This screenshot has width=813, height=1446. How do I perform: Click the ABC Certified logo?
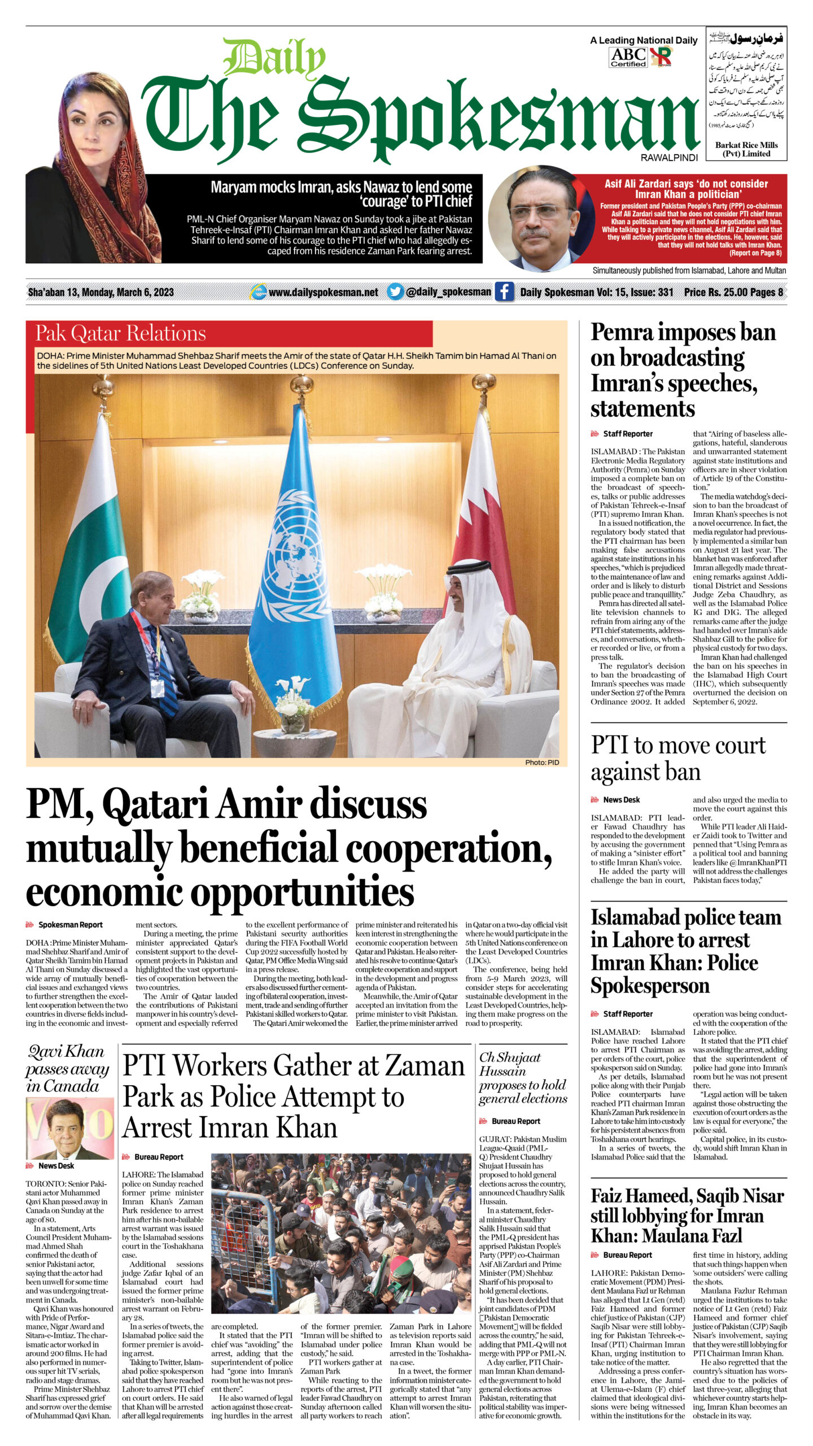pos(628,57)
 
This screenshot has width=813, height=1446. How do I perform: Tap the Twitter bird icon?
pos(395,291)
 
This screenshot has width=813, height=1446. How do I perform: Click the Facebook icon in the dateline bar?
pos(504,291)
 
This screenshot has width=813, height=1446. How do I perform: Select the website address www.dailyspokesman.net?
pos(323,292)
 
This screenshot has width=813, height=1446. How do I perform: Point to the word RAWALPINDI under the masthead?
pos(669,158)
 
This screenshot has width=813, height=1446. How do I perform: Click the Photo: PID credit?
pos(541,762)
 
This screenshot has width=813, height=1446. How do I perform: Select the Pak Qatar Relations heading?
pos(120,333)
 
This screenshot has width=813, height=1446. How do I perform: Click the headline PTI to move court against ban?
pos(677,759)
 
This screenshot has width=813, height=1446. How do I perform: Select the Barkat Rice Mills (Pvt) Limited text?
pos(746,149)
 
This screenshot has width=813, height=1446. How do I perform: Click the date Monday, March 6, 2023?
pos(128,292)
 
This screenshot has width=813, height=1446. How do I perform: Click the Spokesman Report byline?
pos(70,925)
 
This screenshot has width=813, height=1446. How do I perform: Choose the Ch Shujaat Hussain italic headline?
pos(522,1077)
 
